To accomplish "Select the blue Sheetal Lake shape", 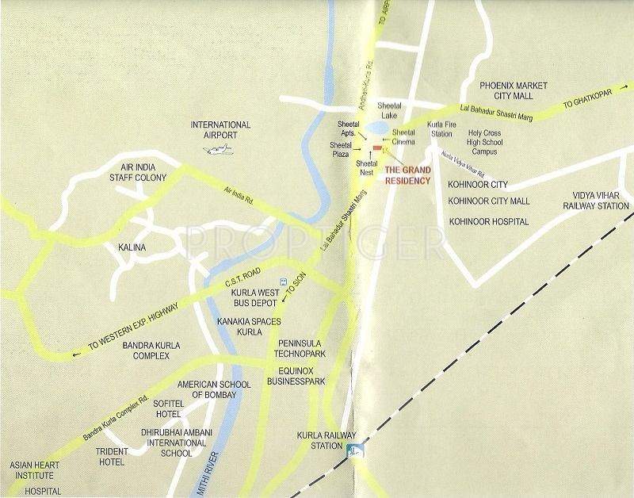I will coord(379,128).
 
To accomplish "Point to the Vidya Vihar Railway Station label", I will coord(591,200).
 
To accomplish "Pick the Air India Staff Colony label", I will coord(139,173).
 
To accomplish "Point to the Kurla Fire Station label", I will coord(441,130).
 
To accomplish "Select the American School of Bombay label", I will coord(214,389).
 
